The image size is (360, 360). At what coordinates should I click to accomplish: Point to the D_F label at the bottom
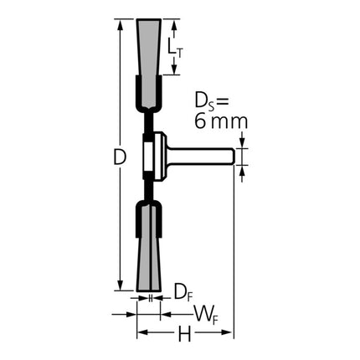[181, 291]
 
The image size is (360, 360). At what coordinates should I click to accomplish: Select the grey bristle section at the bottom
[147, 251]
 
